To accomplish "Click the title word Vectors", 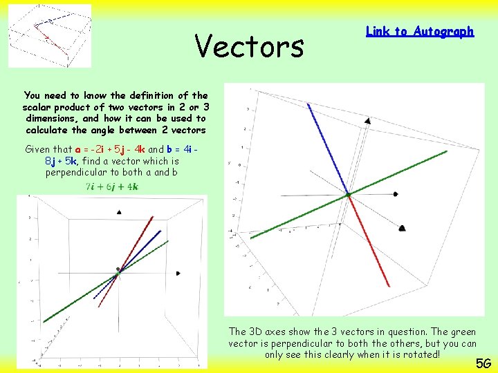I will (x=249, y=46).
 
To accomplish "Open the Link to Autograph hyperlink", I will (x=419, y=31).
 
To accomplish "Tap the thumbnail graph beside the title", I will (x=50, y=36).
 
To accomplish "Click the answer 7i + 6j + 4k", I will (x=112, y=186).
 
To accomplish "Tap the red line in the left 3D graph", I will (x=138, y=242).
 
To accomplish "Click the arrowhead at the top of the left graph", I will (x=120, y=212).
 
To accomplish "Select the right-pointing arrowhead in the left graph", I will (x=178, y=274).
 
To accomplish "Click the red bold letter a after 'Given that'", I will (x=78, y=149).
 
